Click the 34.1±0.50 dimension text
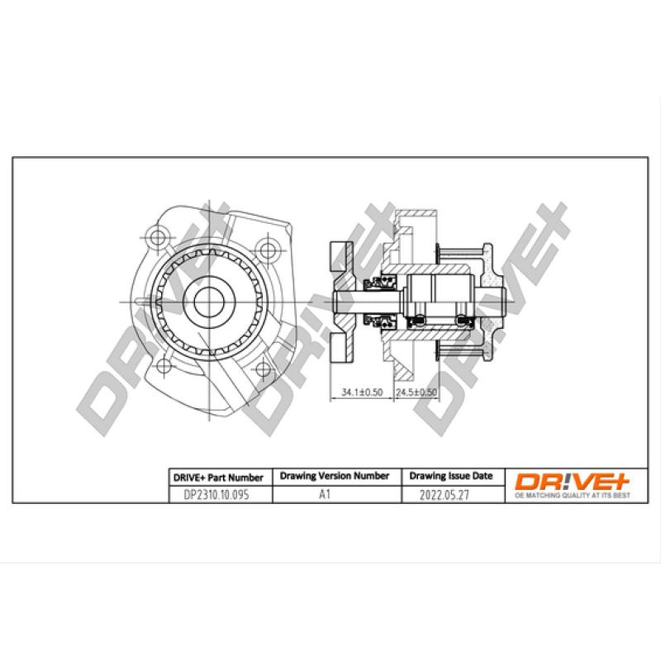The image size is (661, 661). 362,393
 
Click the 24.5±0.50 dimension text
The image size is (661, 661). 416,393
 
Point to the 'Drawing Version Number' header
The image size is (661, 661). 335,477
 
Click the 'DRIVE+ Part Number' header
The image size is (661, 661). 218,478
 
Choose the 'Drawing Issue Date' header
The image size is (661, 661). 451,477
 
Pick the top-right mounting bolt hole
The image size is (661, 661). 264,248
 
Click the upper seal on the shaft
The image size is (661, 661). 382,284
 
